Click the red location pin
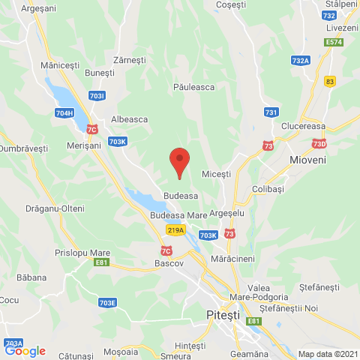178,161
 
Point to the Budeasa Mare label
178,215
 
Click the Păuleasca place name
193,87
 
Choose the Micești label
217,174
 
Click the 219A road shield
175,231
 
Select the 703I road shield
97,96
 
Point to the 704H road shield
64,113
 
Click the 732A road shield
301,61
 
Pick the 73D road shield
320,143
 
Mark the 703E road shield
107,302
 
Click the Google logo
25,350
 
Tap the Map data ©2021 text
327,354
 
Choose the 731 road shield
271,112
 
